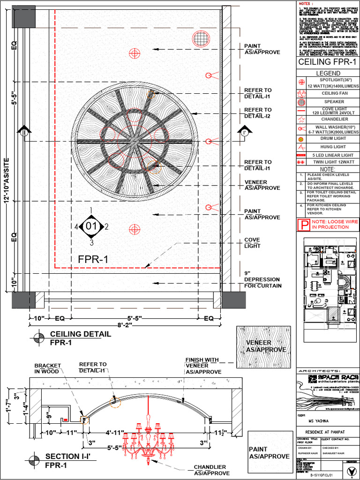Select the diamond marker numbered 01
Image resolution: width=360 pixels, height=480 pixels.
91,226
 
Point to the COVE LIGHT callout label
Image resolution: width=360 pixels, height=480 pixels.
252,243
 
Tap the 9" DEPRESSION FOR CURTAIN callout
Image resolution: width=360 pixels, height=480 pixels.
262,279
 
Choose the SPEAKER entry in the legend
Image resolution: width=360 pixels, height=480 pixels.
334,102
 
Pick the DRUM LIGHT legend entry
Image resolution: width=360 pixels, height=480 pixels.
334,139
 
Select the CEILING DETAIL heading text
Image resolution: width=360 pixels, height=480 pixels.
80,334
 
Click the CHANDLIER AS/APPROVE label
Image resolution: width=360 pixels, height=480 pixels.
210,470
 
